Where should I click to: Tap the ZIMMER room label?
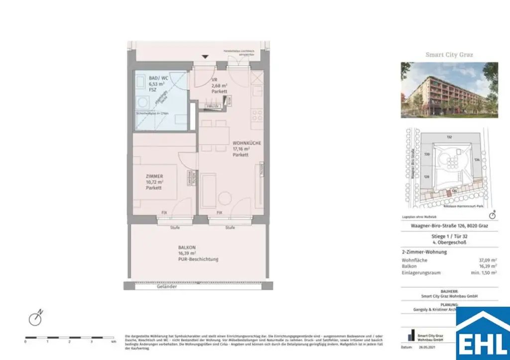(155, 176)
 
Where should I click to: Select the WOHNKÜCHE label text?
(247, 143)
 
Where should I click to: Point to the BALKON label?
(187, 247)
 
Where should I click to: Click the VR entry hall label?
(214, 80)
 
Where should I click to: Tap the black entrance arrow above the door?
(204, 57)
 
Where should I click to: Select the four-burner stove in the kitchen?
(257, 118)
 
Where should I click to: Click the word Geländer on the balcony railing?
(166, 287)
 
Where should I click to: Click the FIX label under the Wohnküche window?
(219, 213)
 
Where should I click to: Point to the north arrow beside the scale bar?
(34, 318)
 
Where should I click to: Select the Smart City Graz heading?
(449, 55)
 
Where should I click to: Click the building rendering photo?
(449, 90)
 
